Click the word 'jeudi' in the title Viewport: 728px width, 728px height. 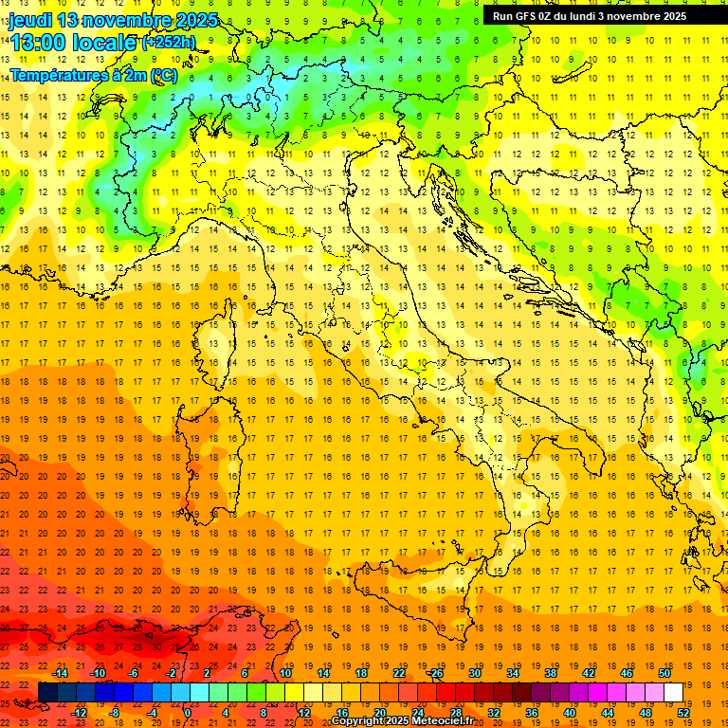click(30, 20)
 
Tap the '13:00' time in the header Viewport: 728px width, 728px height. click(38, 43)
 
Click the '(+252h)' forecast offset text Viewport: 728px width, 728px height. click(169, 43)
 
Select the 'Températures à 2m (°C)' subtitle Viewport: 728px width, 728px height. click(93, 74)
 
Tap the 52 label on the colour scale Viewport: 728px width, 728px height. click(683, 712)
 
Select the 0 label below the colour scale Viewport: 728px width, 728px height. click(188, 712)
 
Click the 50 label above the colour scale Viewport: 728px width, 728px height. click(664, 673)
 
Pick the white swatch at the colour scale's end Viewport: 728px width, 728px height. click(674, 692)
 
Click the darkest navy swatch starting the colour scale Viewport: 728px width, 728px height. click(47, 692)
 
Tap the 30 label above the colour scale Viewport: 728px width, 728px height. click(474, 673)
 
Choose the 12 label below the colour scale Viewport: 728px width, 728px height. click(304, 712)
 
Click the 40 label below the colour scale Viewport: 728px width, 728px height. click(570, 712)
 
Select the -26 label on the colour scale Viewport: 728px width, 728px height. click(435, 673)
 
